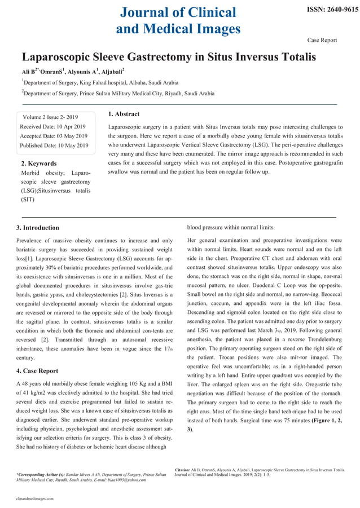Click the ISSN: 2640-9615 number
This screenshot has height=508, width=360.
[332, 10]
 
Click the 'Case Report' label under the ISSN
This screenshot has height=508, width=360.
[322, 40]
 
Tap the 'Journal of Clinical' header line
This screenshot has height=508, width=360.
[178, 12]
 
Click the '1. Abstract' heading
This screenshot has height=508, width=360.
[124, 114]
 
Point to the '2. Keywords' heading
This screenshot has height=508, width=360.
[38, 164]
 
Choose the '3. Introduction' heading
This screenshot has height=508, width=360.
[38, 228]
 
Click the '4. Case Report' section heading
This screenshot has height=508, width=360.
[37, 371]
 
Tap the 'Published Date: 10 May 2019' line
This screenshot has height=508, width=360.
[54, 145]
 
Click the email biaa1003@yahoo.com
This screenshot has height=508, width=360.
[122, 480]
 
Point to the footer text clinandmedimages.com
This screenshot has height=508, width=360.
[35, 499]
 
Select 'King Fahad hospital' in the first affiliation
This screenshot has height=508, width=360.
[95, 82]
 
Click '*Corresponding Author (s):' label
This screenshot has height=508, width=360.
[41, 475]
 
